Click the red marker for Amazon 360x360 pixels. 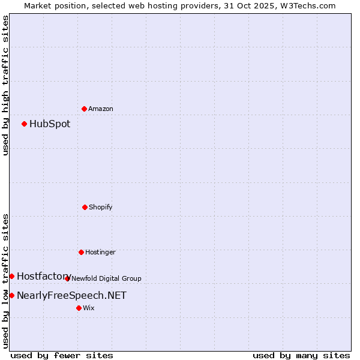pyautogui.click(x=84, y=109)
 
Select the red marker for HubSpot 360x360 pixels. pyautogui.click(x=24, y=124)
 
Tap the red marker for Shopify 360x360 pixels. pyautogui.click(x=85, y=207)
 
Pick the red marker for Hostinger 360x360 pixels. pyautogui.click(x=81, y=252)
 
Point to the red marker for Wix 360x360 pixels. pyautogui.click(x=79, y=308)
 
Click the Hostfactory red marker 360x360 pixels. pyautogui.click(x=11, y=276)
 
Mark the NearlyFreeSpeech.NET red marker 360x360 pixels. pyautogui.click(x=11, y=295)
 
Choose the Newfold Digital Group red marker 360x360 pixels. pyautogui.click(x=67, y=278)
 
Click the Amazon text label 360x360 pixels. pyautogui.click(x=101, y=109)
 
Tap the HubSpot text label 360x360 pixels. pyautogui.click(x=50, y=124)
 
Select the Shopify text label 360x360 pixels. pyautogui.click(x=101, y=207)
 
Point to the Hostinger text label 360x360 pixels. pyautogui.click(x=100, y=252)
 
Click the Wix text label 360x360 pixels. pyautogui.click(x=89, y=308)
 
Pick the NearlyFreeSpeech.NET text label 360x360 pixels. pyautogui.click(x=71, y=295)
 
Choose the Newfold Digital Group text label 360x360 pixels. pyautogui.click(x=106, y=278)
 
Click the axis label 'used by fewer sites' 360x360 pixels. pyautogui.click(x=62, y=355)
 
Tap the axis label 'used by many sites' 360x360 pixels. pyautogui.click(x=301, y=355)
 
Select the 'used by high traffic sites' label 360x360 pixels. pyautogui.click(x=5, y=85)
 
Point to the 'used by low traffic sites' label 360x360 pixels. pyautogui.click(x=5, y=281)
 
